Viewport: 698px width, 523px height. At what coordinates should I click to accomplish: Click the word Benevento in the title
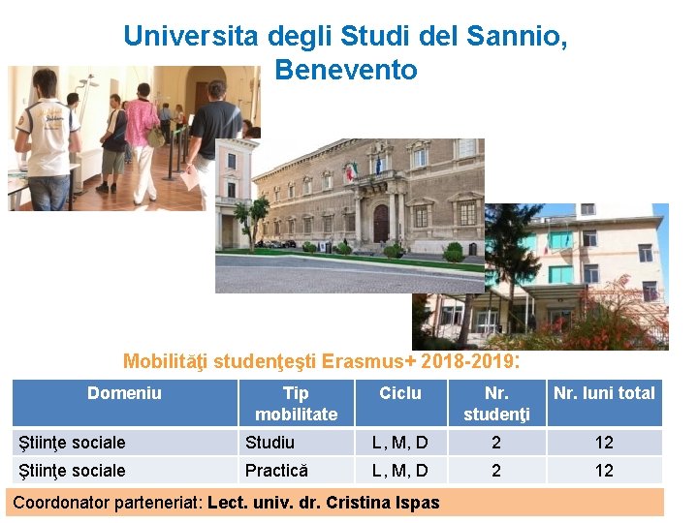(346, 70)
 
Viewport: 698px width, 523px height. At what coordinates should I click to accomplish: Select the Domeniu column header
(124, 393)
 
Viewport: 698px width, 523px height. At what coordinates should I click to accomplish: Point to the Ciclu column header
(400, 393)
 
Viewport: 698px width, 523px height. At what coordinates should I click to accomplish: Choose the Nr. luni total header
(604, 393)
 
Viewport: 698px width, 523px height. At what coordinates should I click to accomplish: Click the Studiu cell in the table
(270, 443)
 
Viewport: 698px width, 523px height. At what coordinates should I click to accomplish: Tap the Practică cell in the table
(276, 471)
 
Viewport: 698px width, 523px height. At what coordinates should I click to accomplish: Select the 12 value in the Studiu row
(604, 443)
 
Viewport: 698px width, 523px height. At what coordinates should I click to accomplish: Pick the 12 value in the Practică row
(604, 471)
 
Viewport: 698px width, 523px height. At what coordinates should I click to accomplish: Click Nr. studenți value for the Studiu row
(496, 443)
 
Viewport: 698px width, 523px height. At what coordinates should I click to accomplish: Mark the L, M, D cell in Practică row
(400, 471)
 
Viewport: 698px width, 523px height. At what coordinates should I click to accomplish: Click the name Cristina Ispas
(387, 503)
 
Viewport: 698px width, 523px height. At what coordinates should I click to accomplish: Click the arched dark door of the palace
(381, 223)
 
